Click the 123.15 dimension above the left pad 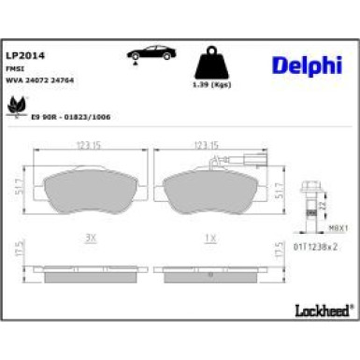88,145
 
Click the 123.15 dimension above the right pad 205,145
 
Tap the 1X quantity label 211,237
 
